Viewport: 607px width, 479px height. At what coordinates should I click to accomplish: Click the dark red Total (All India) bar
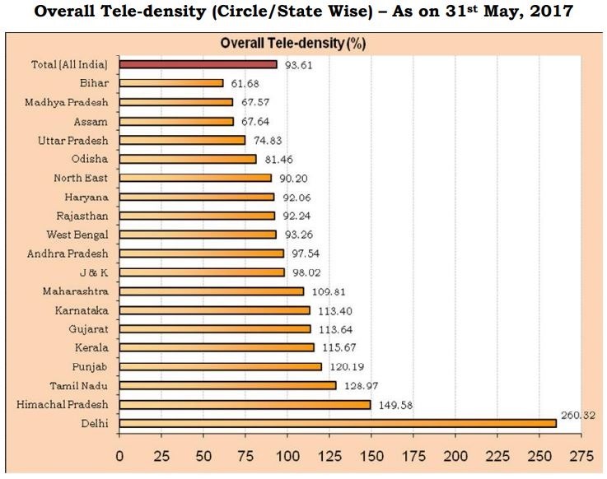(198, 63)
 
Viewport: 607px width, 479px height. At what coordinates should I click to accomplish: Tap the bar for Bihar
(171, 82)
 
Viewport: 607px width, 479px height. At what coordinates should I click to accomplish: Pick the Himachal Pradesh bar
(245, 404)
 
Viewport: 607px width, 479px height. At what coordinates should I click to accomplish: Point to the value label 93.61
(299, 63)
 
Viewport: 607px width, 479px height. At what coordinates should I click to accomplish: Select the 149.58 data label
(396, 405)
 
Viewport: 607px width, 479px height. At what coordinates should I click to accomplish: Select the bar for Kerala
(217, 347)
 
